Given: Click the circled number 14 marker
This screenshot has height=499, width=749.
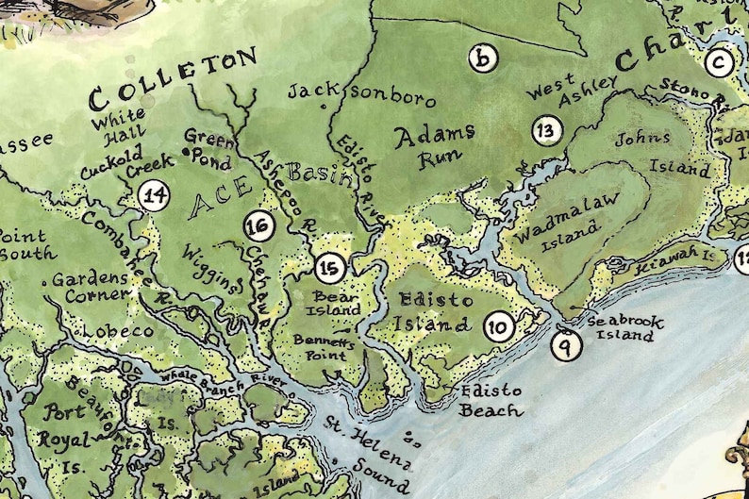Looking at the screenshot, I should [x=154, y=196].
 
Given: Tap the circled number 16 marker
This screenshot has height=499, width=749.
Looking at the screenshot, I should [x=258, y=225].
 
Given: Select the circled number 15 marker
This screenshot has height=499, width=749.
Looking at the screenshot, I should [x=329, y=268].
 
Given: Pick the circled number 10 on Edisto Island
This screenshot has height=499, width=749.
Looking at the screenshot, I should [x=499, y=327].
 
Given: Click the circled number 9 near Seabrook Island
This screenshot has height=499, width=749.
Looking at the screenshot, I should [x=566, y=345].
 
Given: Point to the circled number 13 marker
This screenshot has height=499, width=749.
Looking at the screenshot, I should [x=546, y=129].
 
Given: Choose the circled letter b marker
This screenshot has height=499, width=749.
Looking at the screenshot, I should [x=483, y=59].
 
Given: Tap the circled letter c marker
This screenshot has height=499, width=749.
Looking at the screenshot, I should [x=720, y=63].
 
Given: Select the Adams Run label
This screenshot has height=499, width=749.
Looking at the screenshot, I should [x=433, y=146].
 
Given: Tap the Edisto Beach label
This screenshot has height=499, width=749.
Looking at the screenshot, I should [x=491, y=400].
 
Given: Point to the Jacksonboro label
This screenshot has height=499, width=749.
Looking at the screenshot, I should [x=362, y=94].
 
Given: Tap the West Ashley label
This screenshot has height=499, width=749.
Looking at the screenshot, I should [x=570, y=91].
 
